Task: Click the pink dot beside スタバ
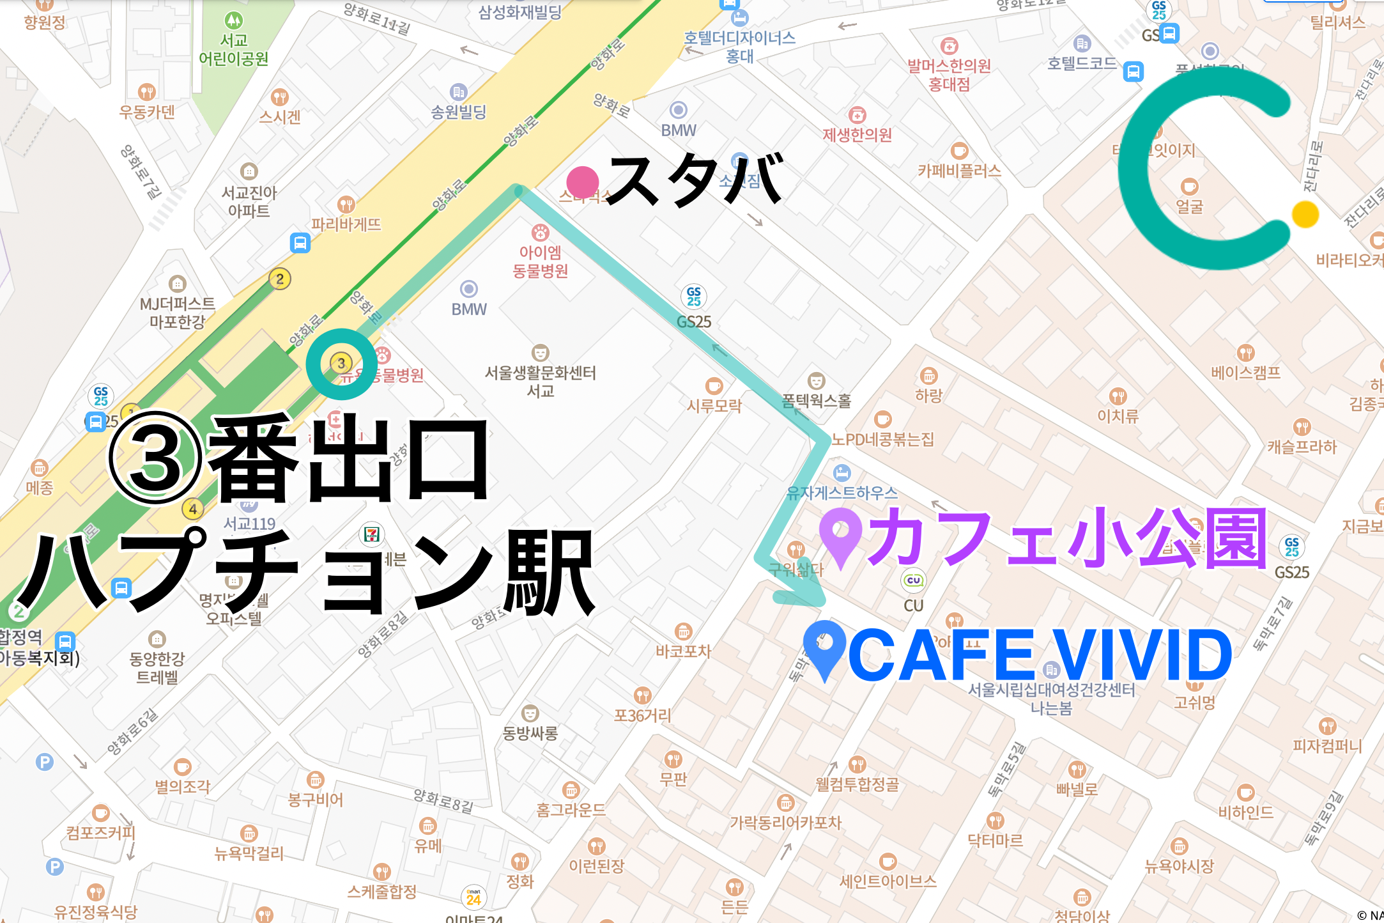(x=582, y=182)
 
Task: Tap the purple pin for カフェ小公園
(x=841, y=534)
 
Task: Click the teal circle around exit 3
(x=341, y=364)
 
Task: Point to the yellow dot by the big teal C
(x=1305, y=214)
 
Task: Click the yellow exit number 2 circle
(x=279, y=279)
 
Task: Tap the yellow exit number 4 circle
(x=192, y=509)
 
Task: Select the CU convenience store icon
(x=913, y=580)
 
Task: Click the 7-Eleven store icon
(x=372, y=534)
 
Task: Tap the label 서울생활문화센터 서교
(x=540, y=381)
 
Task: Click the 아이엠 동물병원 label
(x=541, y=261)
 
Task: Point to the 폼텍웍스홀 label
(x=816, y=401)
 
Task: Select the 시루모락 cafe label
(x=714, y=405)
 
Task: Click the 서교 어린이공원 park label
(x=233, y=50)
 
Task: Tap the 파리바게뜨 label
(x=346, y=224)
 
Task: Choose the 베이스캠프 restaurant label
(x=1245, y=373)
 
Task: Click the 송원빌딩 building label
(x=458, y=112)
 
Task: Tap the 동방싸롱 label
(x=530, y=733)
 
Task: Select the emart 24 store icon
(x=473, y=897)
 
